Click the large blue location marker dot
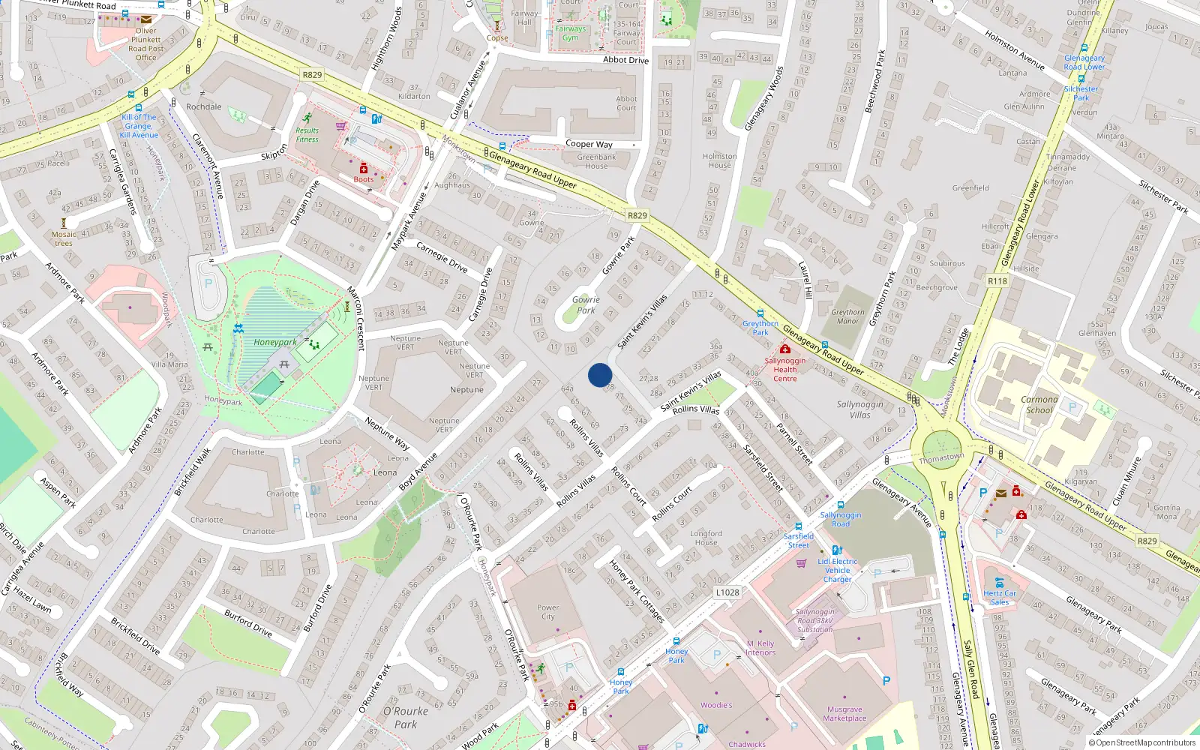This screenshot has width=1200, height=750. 599,375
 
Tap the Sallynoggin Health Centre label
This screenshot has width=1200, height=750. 784,369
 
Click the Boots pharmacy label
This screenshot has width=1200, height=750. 363,179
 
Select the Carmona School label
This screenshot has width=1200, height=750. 1039,404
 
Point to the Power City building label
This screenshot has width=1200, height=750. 547,612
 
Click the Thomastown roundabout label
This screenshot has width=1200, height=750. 941,457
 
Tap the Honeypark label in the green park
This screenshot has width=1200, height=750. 274,342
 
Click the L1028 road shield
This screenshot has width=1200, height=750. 727,592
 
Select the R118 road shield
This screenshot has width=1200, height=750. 997,281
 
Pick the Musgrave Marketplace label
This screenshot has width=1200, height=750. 844,713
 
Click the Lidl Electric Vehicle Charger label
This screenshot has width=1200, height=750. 837,570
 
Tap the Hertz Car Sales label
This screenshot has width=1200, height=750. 999,597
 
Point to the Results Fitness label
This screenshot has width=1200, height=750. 307,134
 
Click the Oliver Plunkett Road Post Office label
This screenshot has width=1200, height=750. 145,44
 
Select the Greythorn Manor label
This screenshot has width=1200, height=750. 847,316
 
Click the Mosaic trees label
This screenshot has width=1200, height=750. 64,238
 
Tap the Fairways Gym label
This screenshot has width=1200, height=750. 570,33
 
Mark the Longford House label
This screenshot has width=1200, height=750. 706,538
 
